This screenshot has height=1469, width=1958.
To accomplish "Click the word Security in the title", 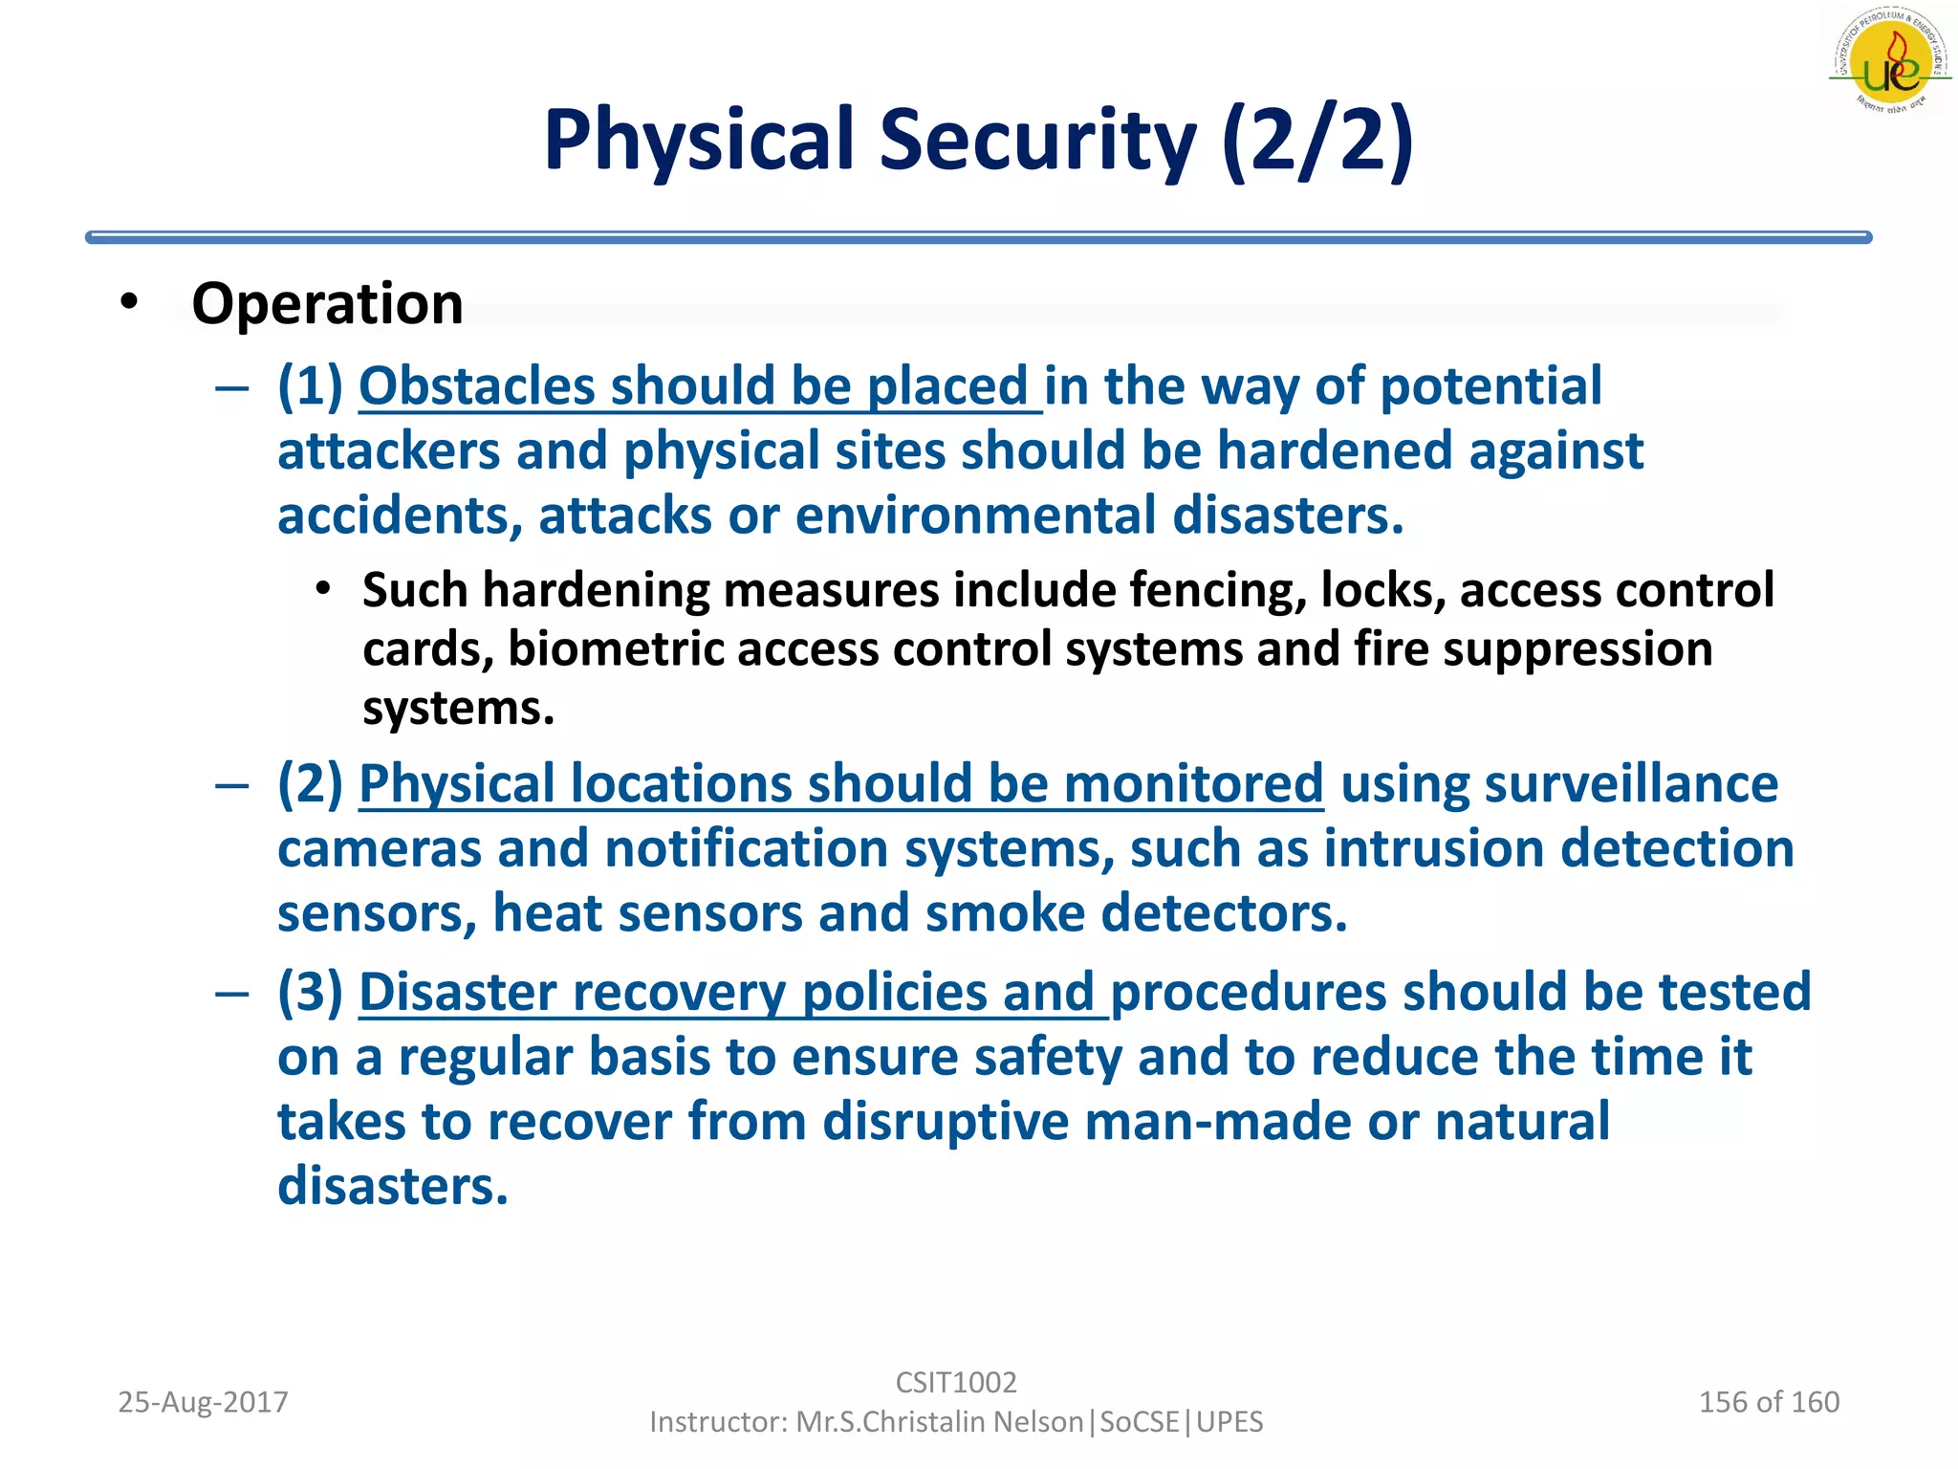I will point(1037,141).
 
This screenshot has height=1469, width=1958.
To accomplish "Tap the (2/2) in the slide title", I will point(1317,141).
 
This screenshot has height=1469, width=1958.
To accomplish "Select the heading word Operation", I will point(327,304).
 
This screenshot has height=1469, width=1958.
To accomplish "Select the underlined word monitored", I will point(1193,784).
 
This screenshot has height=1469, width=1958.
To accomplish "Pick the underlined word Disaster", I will point(457,993).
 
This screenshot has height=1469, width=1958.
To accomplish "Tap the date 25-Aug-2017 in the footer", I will point(203,1402).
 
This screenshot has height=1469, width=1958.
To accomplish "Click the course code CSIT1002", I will point(956,1383).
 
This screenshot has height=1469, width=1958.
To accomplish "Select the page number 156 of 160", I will point(1769,1402).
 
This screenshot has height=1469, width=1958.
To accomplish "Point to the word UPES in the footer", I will point(1229,1422).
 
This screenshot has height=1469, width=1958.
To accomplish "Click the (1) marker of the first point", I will point(310,386).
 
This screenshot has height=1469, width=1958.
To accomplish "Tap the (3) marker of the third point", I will point(310,993).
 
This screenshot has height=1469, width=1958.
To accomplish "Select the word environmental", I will point(975,516).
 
